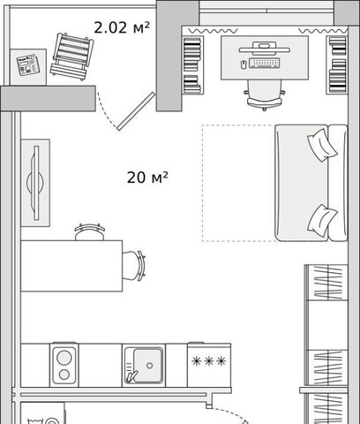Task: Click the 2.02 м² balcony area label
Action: [x=122, y=27]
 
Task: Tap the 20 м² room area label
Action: [x=147, y=178]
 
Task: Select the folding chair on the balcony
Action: [x=71, y=57]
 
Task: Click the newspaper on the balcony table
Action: [x=28, y=64]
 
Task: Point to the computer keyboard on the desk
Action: [x=265, y=63]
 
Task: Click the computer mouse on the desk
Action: [x=244, y=64]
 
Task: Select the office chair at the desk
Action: [x=265, y=95]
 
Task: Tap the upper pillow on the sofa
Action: [x=322, y=145]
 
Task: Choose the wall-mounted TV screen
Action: [x=36, y=183]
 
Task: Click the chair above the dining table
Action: [x=89, y=232]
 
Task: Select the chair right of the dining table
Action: [x=134, y=266]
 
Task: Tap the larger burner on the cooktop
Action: [x=64, y=358]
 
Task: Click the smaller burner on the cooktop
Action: [x=64, y=375]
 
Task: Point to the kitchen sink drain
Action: [x=149, y=366]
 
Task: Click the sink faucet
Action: [x=131, y=376]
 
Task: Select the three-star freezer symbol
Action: [x=208, y=361]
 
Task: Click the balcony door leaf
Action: [x=136, y=111]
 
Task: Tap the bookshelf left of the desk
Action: [x=192, y=65]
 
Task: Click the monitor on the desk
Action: [x=265, y=49]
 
